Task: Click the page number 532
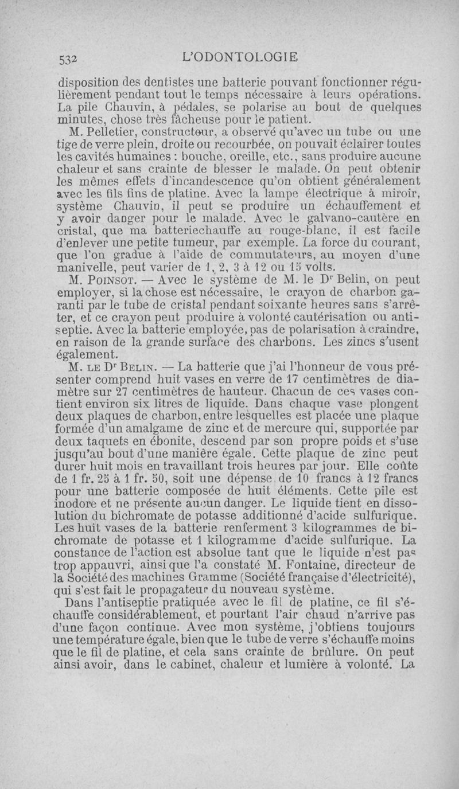click(x=70, y=57)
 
